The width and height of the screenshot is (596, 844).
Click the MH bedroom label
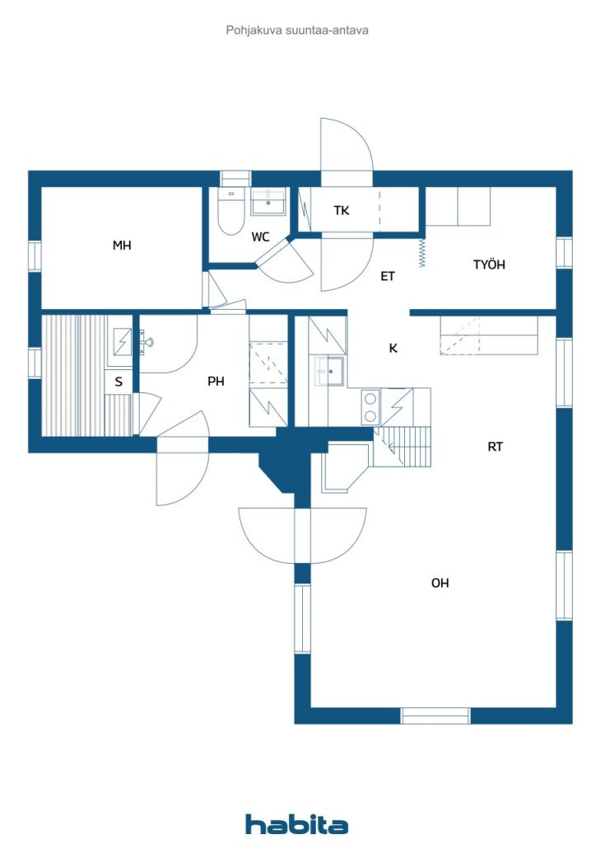(x=122, y=246)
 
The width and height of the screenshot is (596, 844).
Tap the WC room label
(x=260, y=237)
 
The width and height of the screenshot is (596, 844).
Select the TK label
(x=342, y=211)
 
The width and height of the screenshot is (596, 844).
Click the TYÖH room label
(x=488, y=265)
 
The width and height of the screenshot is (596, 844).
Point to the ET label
(x=387, y=277)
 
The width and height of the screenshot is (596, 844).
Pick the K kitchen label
(x=393, y=348)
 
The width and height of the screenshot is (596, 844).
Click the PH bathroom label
(x=216, y=382)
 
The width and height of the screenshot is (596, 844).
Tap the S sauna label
(x=119, y=382)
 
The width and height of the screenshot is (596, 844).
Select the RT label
(x=495, y=447)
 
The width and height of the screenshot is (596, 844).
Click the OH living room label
(x=440, y=583)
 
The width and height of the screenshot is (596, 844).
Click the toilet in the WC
(x=229, y=213)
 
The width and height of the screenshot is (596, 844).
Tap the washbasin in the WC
(x=268, y=202)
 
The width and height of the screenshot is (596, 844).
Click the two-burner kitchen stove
(x=370, y=406)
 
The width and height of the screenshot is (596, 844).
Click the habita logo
(x=297, y=824)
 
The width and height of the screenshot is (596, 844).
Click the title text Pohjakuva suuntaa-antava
(x=297, y=30)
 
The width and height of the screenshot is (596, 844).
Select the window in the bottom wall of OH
(x=435, y=715)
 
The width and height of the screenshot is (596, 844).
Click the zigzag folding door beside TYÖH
(x=422, y=252)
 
